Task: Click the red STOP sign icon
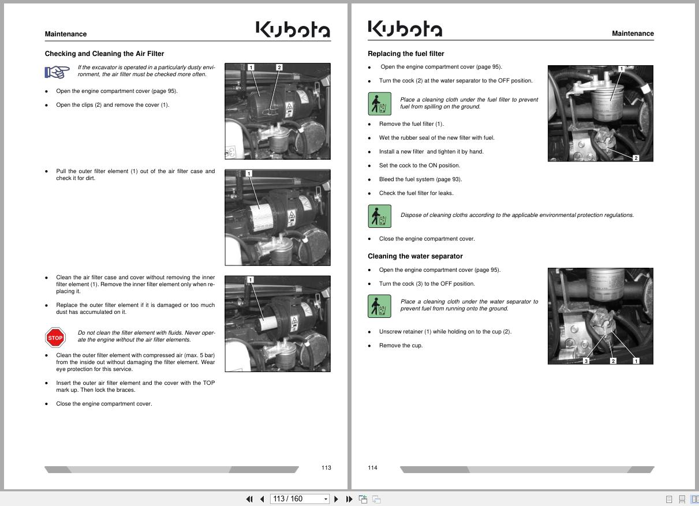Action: [55, 338]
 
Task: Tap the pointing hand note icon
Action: [57, 72]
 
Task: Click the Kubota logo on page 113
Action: [293, 29]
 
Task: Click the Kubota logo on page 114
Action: [405, 29]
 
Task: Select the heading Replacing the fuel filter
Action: [406, 54]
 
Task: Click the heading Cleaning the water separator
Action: [415, 256]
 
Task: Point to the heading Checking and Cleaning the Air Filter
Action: [104, 54]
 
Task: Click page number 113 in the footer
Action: [326, 467]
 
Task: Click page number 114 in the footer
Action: [372, 467]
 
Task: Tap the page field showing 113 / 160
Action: [299, 499]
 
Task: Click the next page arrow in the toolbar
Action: [336, 499]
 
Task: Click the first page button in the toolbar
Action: [249, 499]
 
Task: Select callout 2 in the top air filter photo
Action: [279, 68]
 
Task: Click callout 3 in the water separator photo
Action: [586, 361]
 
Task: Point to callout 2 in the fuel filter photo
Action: [636, 158]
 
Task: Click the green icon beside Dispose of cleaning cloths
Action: [379, 216]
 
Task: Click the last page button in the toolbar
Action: [349, 499]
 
